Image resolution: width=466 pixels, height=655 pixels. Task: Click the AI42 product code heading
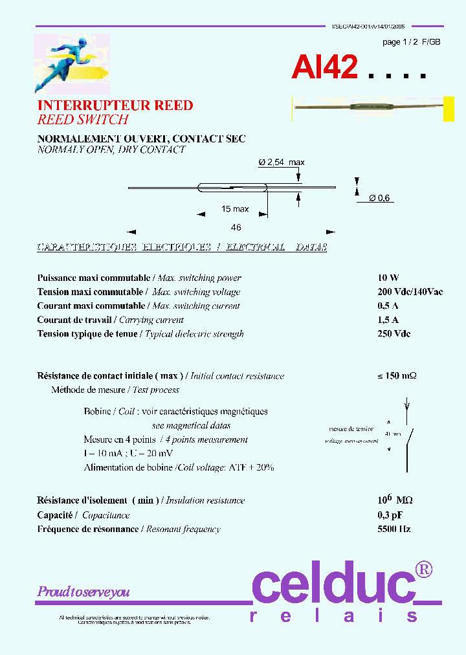324,67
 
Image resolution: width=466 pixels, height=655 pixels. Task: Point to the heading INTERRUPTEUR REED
115,105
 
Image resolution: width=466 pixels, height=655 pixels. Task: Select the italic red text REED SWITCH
83,120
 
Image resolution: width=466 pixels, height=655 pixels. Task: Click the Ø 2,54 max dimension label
282,162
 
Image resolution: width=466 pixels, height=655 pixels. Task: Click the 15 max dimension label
235,209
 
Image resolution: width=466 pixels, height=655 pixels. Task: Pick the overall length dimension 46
236,227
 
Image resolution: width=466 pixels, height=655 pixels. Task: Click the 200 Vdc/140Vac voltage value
410,292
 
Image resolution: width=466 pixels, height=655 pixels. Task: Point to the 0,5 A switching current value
388,306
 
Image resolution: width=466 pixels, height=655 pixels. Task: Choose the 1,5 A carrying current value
388,320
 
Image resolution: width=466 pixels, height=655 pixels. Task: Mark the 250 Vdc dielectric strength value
394,334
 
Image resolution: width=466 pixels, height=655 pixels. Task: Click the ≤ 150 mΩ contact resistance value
397,376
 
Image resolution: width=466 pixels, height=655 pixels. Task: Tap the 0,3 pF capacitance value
390,515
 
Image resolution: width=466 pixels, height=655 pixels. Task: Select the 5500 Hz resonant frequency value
394,529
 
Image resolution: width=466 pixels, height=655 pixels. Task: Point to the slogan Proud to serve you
83,592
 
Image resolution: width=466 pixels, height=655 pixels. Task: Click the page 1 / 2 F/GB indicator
412,41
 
